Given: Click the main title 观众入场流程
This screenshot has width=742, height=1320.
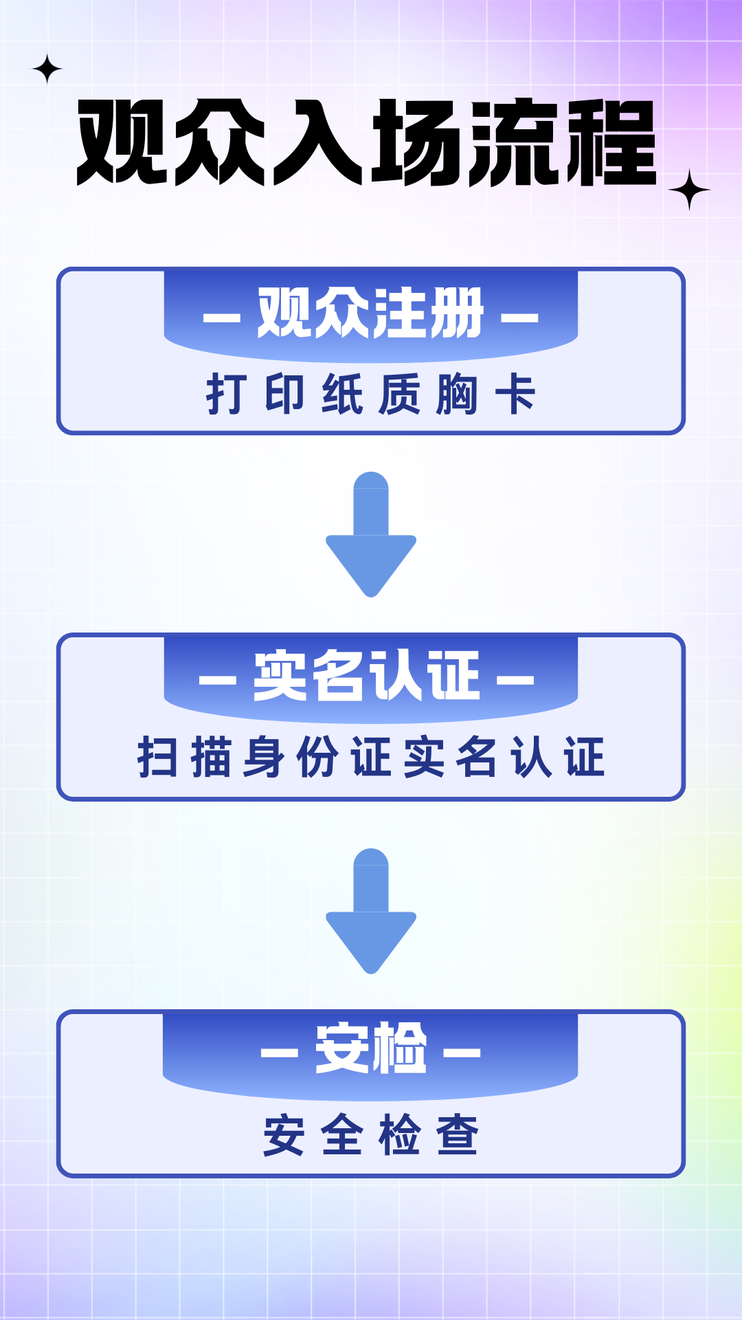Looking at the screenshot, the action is (x=367, y=142).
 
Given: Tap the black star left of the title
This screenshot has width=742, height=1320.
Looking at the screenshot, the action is (x=47, y=69).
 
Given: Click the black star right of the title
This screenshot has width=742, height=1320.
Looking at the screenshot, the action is (x=689, y=190).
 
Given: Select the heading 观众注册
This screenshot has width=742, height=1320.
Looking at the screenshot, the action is (x=370, y=313).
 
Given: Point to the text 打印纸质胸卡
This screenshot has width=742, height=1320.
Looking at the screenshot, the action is (x=370, y=394).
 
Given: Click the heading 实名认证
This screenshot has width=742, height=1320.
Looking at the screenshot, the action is (x=366, y=676).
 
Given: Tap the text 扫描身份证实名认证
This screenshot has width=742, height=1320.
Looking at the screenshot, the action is (x=370, y=756).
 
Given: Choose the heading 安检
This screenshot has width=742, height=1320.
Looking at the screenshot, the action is (x=371, y=1048).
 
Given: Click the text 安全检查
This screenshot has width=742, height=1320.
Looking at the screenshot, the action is (x=370, y=1134).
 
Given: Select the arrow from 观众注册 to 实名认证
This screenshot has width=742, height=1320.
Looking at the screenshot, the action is (x=371, y=534).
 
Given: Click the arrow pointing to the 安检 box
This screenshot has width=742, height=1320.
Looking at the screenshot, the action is (x=371, y=911).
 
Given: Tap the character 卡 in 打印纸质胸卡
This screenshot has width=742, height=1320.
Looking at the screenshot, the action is (x=515, y=394).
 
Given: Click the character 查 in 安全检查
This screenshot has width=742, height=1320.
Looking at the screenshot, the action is (x=458, y=1135).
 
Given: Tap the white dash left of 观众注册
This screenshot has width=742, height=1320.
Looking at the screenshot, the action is (x=222, y=318).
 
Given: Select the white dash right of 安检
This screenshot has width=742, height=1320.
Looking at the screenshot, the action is (x=462, y=1053).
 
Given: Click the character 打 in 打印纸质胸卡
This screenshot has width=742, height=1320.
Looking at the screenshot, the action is (x=226, y=394).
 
